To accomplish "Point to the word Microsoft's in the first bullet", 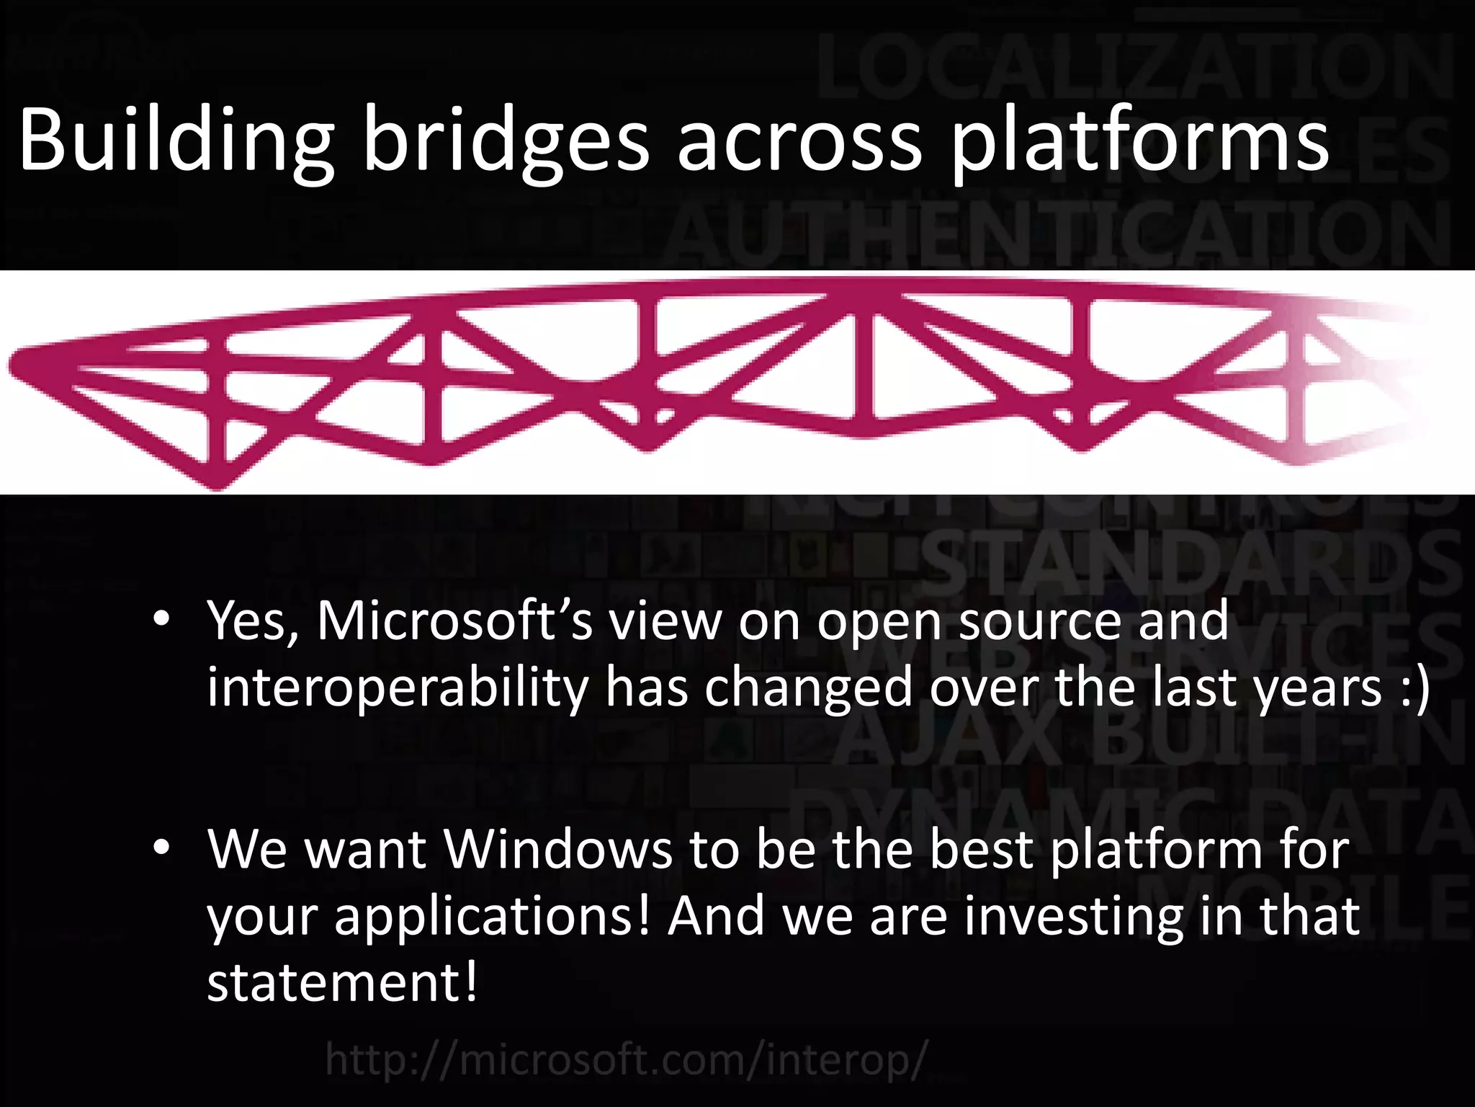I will coord(454,621).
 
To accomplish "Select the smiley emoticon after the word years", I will coord(1412,688).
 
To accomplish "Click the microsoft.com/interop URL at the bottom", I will coord(622,1060).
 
